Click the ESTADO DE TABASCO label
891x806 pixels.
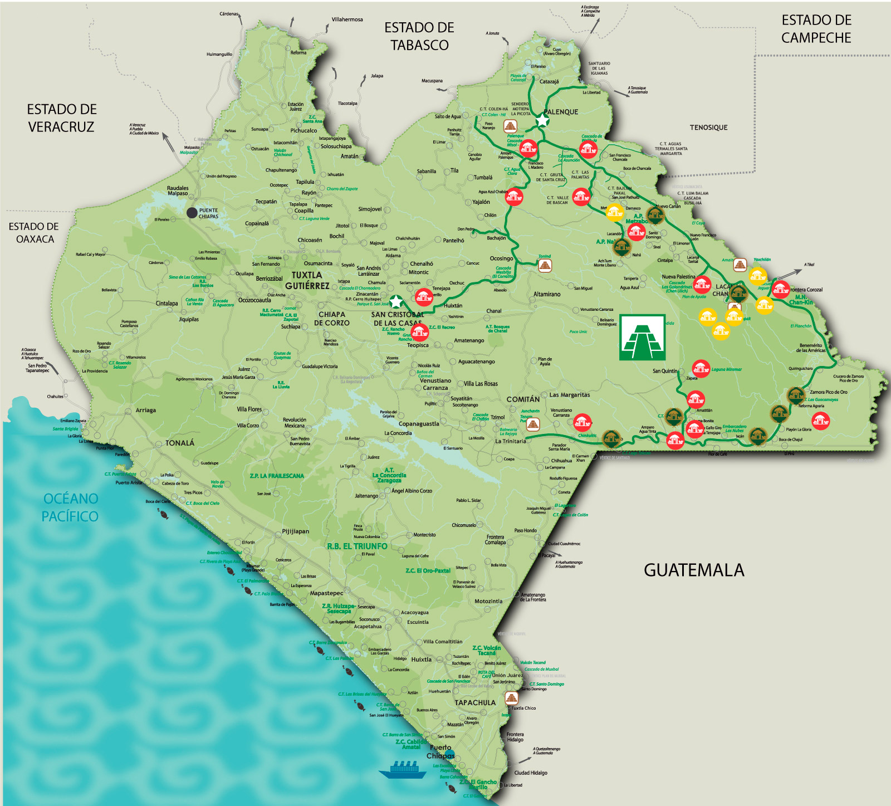pyautogui.click(x=419, y=36)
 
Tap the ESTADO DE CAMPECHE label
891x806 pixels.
pyautogui.click(x=816, y=29)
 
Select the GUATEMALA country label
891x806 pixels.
pyautogui.click(x=693, y=570)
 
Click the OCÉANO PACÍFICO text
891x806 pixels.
pyautogui.click(x=70, y=507)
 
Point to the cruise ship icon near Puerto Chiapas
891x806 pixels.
pyautogui.click(x=403, y=770)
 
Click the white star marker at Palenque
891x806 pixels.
pyautogui.click(x=542, y=120)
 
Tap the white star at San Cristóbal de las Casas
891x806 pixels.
pyautogui.click(x=395, y=302)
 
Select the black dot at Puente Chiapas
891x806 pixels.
pyautogui.click(x=192, y=212)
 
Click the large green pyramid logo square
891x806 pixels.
pyautogui.click(x=643, y=338)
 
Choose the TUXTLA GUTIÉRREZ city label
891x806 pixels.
pyautogui.click(x=307, y=280)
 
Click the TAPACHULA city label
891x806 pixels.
pyautogui.click(x=474, y=702)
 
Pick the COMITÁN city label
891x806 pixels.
pyautogui.click(x=522, y=399)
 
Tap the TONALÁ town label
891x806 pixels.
pyautogui.click(x=180, y=443)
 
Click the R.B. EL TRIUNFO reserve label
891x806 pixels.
pyautogui.click(x=357, y=546)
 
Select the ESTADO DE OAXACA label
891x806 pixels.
pyautogui.click(x=35, y=233)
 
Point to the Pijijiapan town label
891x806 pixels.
pyautogui.click(x=295, y=531)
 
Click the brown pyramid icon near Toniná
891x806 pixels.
pyautogui.click(x=545, y=266)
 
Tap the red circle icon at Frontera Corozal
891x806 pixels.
pyautogui.click(x=780, y=289)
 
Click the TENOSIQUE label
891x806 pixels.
pyautogui.click(x=708, y=128)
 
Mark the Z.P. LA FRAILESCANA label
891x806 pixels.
pyautogui.click(x=277, y=476)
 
